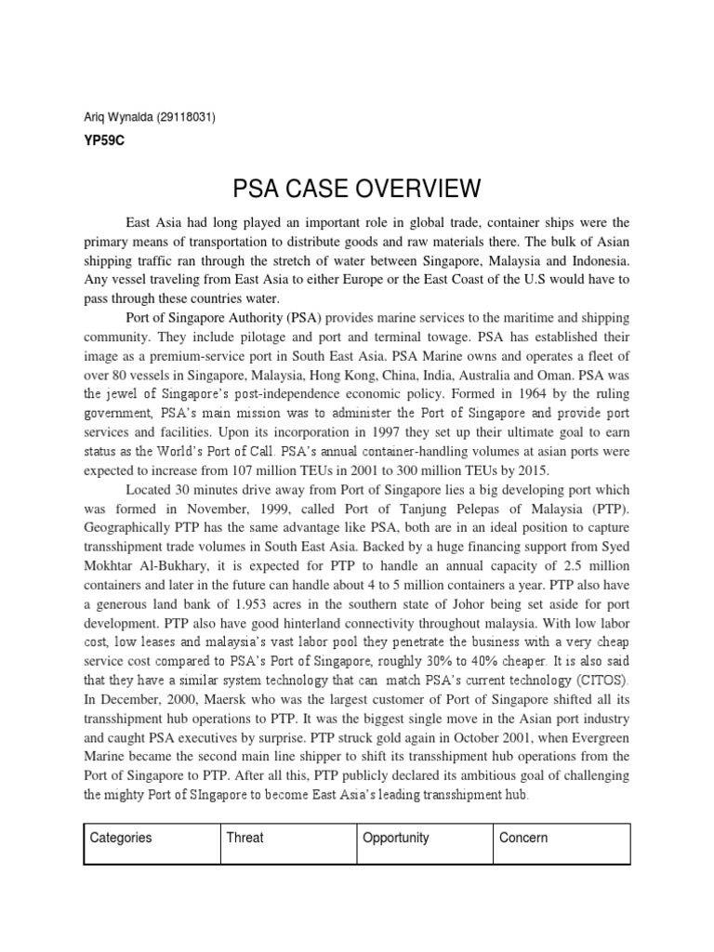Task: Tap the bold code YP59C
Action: point(103,141)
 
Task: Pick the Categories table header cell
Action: point(121,838)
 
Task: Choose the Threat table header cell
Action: point(245,838)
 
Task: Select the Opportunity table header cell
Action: point(396,838)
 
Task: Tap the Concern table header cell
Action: point(523,838)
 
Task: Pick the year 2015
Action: point(533,470)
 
